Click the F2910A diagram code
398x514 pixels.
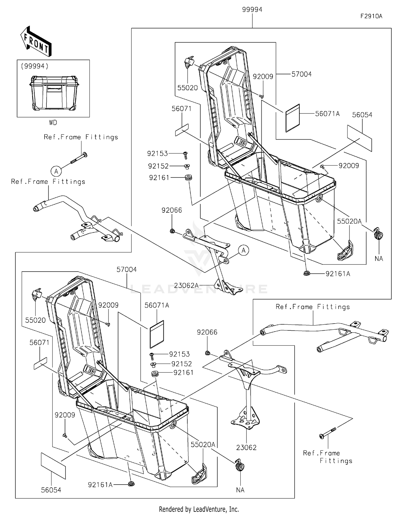coord(371,16)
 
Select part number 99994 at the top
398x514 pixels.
coord(252,10)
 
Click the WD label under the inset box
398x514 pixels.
coord(53,123)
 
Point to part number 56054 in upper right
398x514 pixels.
coord(362,115)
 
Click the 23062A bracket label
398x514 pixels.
coord(186,285)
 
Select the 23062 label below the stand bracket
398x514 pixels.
coord(246,447)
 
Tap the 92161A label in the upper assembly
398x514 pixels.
coord(338,274)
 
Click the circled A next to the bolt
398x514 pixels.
coord(56,171)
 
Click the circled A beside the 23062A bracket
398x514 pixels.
coord(244,250)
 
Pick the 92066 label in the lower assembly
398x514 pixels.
coord(207,332)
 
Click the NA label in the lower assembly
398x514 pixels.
coord(240,490)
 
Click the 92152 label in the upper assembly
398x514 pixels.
coord(158,166)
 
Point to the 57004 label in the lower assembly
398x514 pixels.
coord(127,269)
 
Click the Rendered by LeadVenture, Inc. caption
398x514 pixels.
coord(199,509)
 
